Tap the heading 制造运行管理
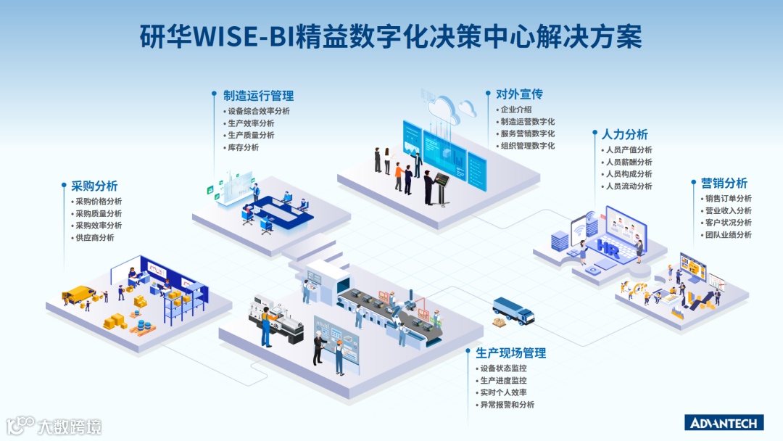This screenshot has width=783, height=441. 258,96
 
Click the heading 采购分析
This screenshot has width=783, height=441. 94,186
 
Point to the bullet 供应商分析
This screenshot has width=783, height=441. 94,238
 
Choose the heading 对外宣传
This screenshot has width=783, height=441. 519,94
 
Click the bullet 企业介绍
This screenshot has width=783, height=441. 515,110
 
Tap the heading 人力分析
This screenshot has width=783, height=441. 625,135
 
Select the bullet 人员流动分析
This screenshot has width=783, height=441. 629,186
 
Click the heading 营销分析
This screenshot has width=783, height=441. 724,184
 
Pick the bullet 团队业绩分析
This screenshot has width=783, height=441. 728,235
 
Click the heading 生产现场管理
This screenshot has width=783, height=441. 510,353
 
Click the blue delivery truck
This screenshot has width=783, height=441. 513,310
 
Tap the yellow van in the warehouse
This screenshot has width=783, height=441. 78,294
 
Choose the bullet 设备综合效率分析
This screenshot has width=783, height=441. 258,112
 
